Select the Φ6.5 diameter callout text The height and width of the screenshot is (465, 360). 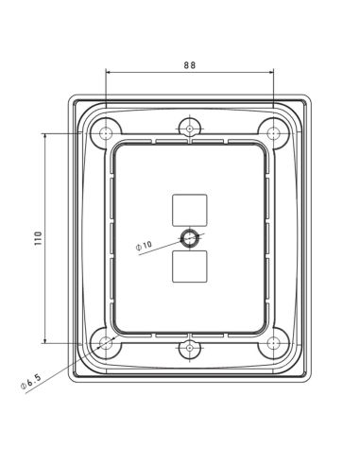29,383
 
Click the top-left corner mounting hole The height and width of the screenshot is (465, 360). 107,133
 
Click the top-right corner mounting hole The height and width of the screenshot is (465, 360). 273,133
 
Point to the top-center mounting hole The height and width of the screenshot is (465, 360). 190,127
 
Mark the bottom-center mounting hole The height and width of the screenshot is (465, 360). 190,349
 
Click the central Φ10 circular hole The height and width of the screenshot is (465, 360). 190,237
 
